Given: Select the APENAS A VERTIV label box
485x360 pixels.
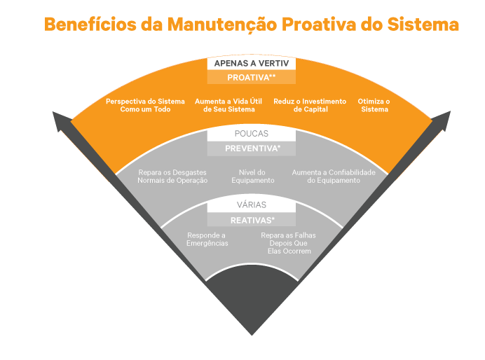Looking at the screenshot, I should pyautogui.click(x=251, y=63).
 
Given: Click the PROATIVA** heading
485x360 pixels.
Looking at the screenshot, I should pyautogui.click(x=251, y=77).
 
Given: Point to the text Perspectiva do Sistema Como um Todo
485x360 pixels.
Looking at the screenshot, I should pyautogui.click(x=145, y=105).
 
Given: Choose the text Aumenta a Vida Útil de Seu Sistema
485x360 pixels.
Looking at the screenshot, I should pyautogui.click(x=229, y=105).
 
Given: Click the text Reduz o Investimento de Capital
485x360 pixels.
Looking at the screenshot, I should pyautogui.click(x=310, y=105).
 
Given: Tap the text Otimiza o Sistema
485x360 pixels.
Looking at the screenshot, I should pyautogui.click(x=374, y=105).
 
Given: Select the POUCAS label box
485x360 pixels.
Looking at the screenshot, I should pyautogui.click(x=251, y=134).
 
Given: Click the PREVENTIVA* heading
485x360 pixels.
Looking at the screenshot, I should pyautogui.click(x=251, y=148).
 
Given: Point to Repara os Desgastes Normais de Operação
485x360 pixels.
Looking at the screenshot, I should pyautogui.click(x=172, y=176).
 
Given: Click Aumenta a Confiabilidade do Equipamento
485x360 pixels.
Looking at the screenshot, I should pyautogui.click(x=334, y=176).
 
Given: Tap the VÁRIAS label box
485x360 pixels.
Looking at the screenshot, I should pyautogui.click(x=251, y=205).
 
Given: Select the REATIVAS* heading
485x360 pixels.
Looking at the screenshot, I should pyautogui.click(x=251, y=220).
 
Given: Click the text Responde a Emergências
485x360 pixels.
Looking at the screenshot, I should pyautogui.click(x=207, y=239).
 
